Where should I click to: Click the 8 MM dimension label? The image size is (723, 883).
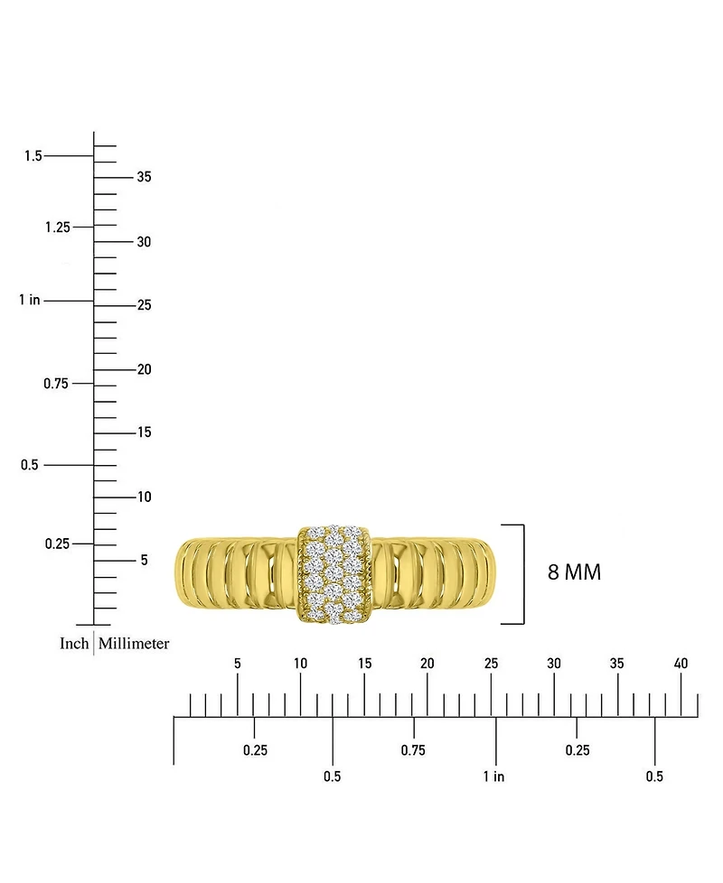[x=574, y=572]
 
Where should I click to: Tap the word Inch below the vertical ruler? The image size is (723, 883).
[x=74, y=644]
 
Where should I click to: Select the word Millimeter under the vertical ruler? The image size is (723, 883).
[x=134, y=644]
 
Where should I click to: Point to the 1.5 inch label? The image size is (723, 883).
[x=33, y=156]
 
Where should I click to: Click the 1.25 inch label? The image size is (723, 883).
[x=57, y=227]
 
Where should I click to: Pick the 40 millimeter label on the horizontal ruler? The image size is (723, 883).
[x=681, y=664]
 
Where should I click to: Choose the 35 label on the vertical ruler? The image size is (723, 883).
[x=144, y=177]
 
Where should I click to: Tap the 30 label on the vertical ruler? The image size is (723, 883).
[x=144, y=242]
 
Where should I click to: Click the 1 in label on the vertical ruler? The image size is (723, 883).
[x=30, y=300]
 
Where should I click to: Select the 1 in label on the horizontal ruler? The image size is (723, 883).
[x=493, y=776]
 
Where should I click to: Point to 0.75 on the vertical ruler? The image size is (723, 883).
[x=57, y=384]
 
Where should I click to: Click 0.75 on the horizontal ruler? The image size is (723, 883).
[x=413, y=750]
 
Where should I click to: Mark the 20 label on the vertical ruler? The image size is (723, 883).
[x=144, y=369]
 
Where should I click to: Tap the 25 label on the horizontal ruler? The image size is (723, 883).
[x=491, y=664]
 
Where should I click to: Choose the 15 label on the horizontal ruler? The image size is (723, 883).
[x=364, y=664]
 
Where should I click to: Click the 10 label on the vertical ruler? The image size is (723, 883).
[x=144, y=497]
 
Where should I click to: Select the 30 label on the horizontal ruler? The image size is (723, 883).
[x=554, y=664]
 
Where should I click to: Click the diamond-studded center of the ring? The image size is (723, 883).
[x=333, y=574]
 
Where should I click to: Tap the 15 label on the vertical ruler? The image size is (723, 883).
[x=144, y=432]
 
